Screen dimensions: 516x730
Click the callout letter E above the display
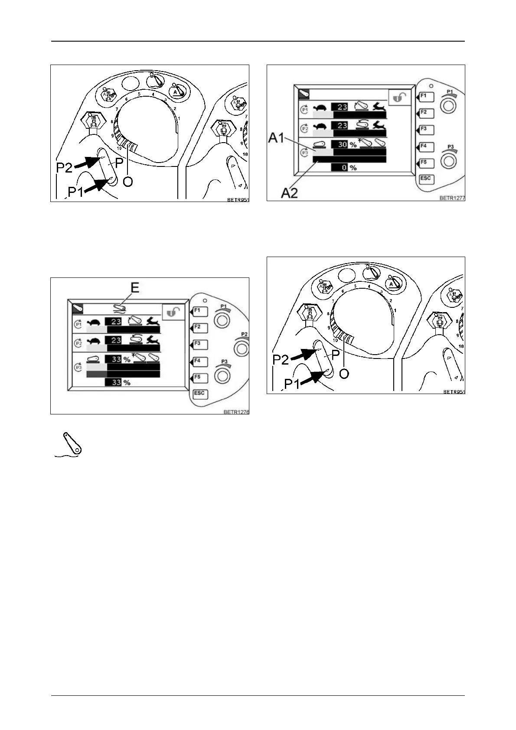point(135,287)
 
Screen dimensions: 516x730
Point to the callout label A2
point(289,192)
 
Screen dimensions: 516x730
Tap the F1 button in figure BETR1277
point(424,96)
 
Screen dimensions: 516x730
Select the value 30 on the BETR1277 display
point(342,144)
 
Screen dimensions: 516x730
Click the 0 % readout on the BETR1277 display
point(346,167)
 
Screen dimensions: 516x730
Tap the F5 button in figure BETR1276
point(199,378)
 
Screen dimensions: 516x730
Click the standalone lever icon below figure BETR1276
point(69,444)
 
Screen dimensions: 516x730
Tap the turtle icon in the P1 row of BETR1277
point(321,107)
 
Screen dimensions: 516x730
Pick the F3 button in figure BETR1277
point(424,129)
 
